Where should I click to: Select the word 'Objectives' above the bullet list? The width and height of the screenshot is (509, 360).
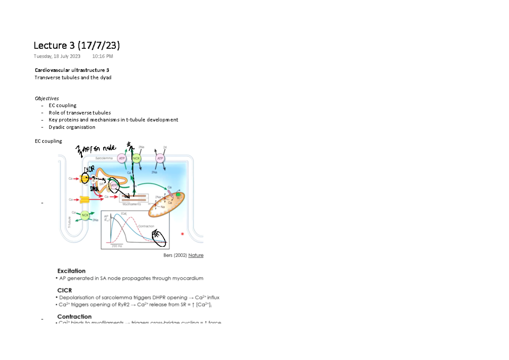tap(47, 98)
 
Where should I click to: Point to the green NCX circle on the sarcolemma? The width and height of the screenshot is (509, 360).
tap(137, 158)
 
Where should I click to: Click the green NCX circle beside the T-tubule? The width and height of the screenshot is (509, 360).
tap(85, 215)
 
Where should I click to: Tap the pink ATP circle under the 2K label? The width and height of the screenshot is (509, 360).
tap(160, 158)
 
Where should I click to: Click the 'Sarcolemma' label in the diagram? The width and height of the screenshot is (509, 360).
tap(104, 157)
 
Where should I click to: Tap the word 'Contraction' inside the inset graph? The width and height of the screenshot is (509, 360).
tap(146, 226)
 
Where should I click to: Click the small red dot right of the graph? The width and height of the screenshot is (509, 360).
tap(182, 234)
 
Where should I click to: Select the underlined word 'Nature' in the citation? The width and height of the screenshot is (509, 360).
tap(196, 255)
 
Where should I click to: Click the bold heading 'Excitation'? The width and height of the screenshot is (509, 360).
tap(71, 271)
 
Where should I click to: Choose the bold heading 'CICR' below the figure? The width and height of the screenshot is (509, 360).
tap(64, 290)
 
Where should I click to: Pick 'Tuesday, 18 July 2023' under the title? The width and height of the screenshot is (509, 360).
tap(57, 56)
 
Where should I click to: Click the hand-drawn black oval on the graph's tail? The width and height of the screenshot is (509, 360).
tap(159, 237)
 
